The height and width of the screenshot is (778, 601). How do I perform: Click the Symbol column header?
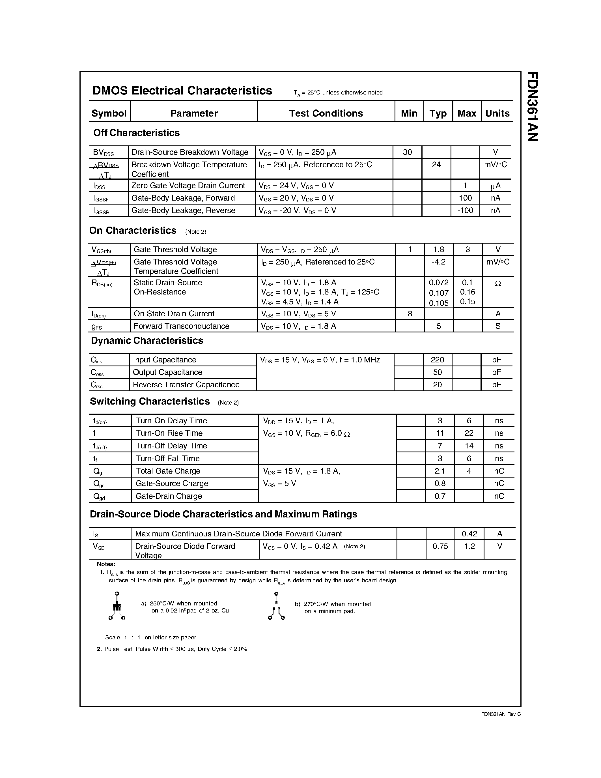coord(109,113)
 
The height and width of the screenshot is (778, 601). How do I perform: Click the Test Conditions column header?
coord(326,113)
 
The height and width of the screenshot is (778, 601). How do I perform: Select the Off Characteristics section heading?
coord(136,133)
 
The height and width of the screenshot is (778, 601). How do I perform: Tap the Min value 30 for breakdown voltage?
coord(407,152)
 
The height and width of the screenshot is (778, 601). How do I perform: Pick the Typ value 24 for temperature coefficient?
coord(436,165)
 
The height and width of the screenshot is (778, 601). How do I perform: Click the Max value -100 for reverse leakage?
coord(465,210)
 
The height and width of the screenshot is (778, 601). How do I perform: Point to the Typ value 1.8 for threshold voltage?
coord(439,249)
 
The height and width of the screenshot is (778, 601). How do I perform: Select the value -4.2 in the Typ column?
coord(439,262)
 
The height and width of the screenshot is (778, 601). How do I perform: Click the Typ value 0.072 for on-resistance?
coord(439,283)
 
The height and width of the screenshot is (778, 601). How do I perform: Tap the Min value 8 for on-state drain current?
coord(410,313)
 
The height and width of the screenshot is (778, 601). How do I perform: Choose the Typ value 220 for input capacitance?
coord(437,360)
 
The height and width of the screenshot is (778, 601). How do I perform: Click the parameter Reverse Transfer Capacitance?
coord(186,385)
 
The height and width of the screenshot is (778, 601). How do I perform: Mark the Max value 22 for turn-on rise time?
coord(469,433)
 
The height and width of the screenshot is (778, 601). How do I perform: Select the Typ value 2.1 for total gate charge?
coord(440,471)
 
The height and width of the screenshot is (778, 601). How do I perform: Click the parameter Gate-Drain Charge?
coord(169,496)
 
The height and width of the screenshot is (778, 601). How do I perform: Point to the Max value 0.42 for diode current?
coord(469,534)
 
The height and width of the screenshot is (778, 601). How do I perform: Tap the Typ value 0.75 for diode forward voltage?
coord(440,546)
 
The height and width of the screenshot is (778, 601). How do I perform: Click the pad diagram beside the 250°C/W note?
coord(117,606)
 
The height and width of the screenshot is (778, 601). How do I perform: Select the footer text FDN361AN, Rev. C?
coord(501,714)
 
